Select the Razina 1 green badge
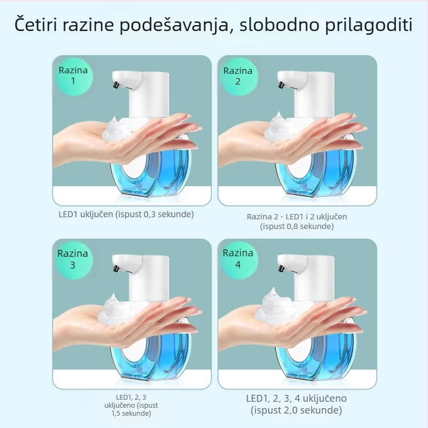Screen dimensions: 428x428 pyautogui.click(x=73, y=76)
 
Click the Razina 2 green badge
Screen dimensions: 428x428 pyautogui.click(x=238, y=76)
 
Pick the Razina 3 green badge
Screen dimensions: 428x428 pyautogui.click(x=73, y=259)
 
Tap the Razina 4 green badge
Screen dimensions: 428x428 pyautogui.click(x=238, y=259)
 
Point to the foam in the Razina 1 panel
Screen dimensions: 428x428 pyautogui.click(x=119, y=129)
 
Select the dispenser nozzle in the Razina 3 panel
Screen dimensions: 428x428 pyautogui.click(x=114, y=265)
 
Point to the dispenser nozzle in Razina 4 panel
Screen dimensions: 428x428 pyautogui.click(x=280, y=265)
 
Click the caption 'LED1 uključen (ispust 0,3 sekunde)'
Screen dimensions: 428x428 pyautogui.click(x=126, y=214)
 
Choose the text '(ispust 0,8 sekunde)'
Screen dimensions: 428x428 pyautogui.click(x=297, y=226)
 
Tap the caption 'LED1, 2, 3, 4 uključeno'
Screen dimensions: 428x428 pyautogui.click(x=296, y=399)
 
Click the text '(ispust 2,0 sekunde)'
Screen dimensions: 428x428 pyautogui.click(x=296, y=411)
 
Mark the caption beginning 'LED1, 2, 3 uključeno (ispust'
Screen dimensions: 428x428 pyautogui.click(x=131, y=405)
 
